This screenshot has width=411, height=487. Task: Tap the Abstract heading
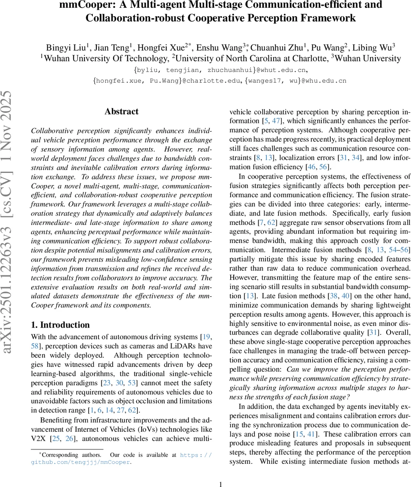coord(121,112)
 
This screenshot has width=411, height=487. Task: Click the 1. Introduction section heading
coord(60,325)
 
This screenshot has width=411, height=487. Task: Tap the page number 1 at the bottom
coord(220,484)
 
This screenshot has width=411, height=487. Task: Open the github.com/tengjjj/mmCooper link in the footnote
coord(81,462)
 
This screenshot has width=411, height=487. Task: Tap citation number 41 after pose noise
coord(309,434)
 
